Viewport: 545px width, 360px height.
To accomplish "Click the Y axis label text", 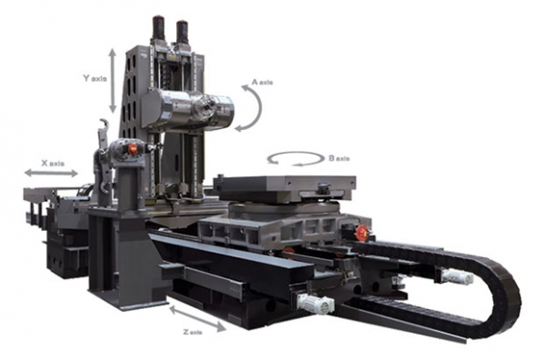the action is [x=94, y=78].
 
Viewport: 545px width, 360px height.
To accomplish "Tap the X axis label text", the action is [x=53, y=163].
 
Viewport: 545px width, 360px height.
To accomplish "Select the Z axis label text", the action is [x=193, y=332].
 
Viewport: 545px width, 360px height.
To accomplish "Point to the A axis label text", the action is [x=263, y=83].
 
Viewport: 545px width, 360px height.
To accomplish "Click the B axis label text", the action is [x=339, y=158].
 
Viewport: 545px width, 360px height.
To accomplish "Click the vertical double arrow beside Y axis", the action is [x=113, y=81].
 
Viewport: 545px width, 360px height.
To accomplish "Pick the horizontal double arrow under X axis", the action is [x=51, y=173].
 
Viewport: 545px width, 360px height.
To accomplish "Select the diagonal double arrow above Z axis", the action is [x=197, y=318].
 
